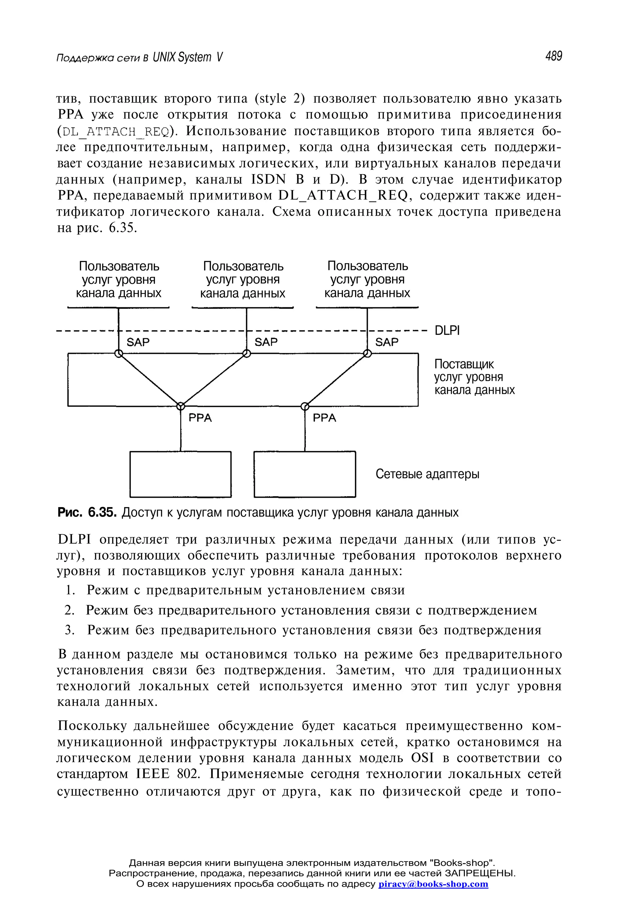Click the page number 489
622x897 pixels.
click(553, 56)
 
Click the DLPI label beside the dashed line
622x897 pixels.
click(447, 330)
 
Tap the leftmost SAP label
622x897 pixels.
click(138, 342)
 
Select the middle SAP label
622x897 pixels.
click(266, 342)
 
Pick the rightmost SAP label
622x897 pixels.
click(387, 342)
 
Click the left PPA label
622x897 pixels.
click(200, 418)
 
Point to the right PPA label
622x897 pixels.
click(324, 418)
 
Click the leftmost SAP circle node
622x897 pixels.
click(119, 353)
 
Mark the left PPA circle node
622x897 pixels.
click(180, 406)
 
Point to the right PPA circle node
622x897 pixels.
click(305, 406)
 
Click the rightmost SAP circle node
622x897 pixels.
click(367, 353)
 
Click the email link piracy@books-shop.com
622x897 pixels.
click(433, 883)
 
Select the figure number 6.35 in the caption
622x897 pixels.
click(102, 512)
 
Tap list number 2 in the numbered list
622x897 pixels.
click(69, 610)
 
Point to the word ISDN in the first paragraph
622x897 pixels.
click(268, 180)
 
